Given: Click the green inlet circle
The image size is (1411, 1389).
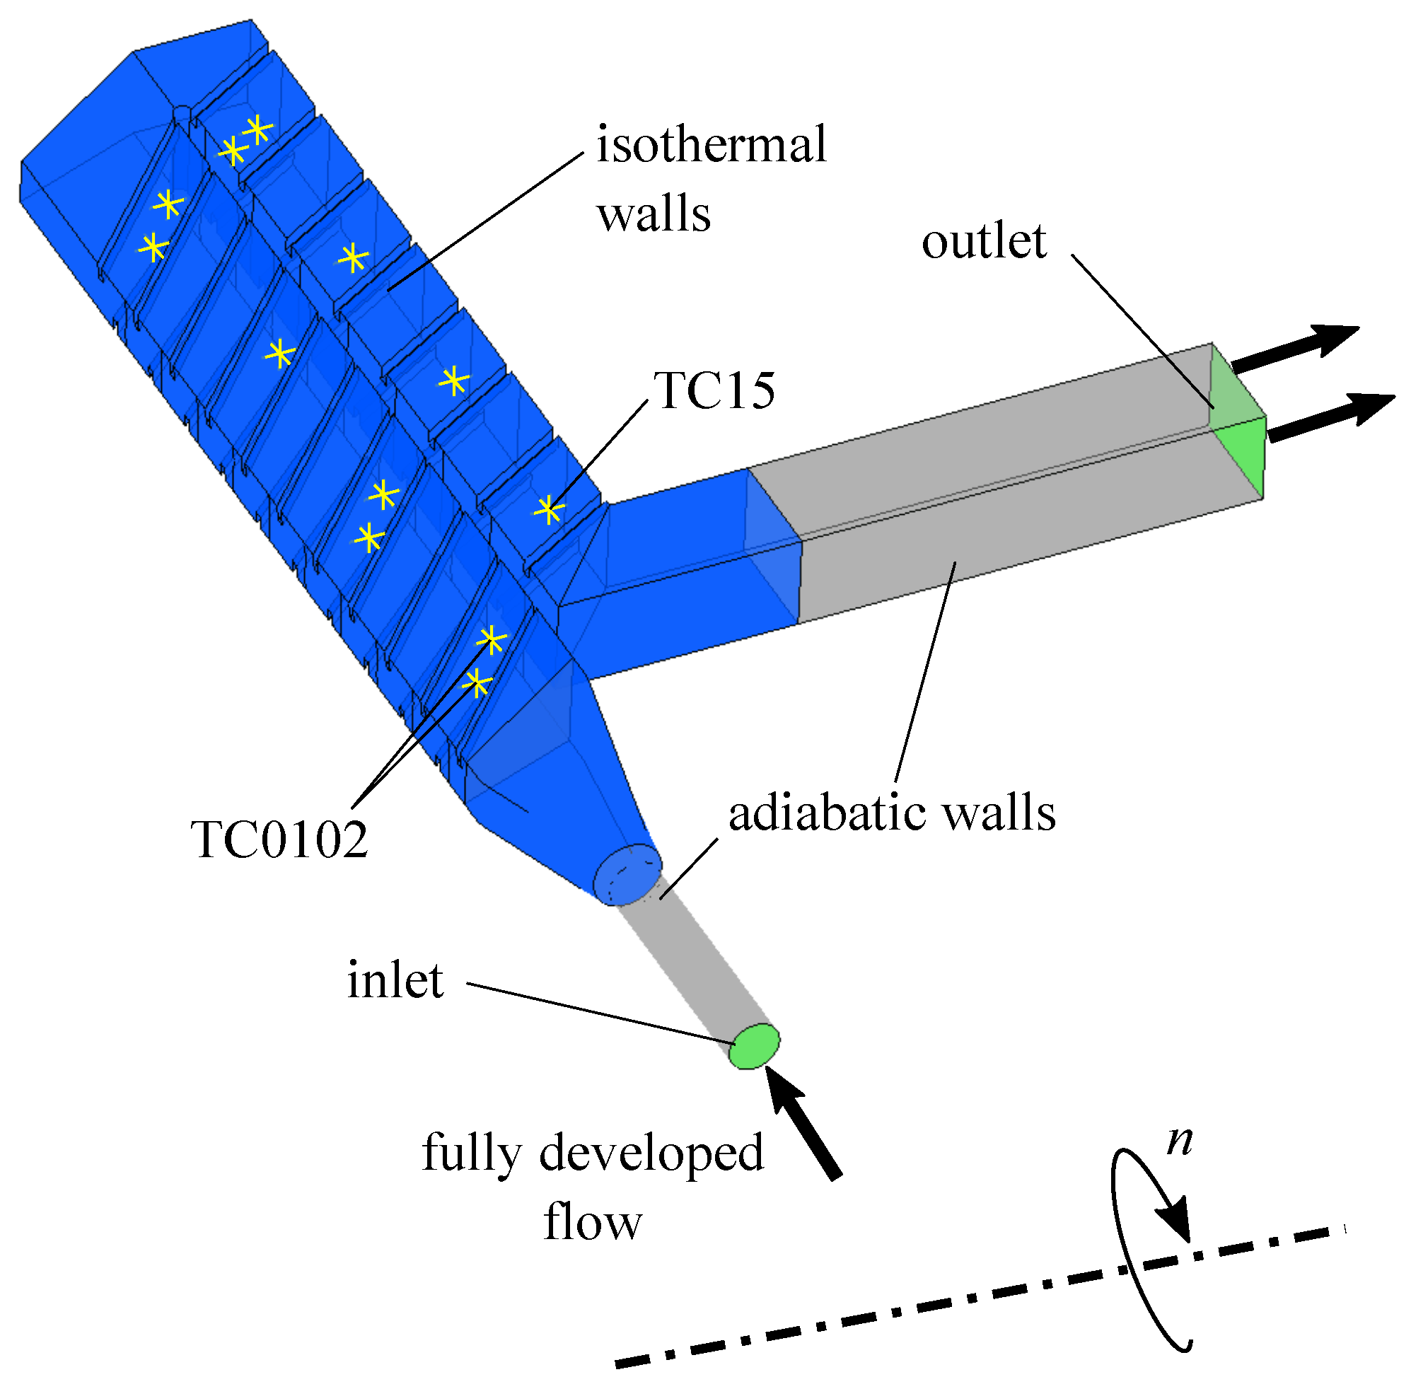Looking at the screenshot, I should pos(755,1045).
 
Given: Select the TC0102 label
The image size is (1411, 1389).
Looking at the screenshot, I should pos(279,839).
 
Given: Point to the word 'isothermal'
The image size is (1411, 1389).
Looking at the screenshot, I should pos(712,144).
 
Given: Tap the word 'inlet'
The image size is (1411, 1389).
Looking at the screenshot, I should pos(395,980).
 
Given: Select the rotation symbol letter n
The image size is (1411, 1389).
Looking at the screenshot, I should pos(1179,1140).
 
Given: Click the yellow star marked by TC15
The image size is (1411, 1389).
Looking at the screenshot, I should pos(548,510).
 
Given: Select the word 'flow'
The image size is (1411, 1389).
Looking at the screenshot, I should pos(593,1223).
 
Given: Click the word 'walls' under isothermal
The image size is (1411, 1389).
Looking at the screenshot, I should pos(654,214).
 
